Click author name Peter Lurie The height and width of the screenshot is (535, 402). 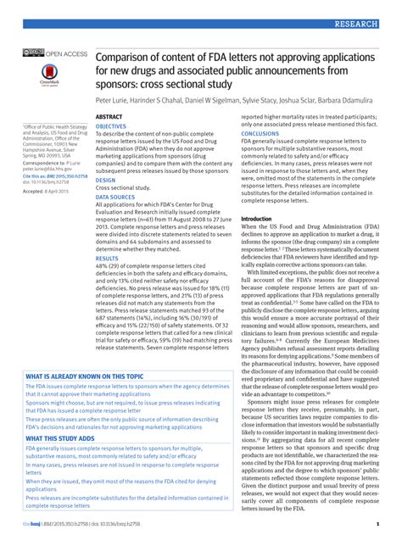click(116, 99)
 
